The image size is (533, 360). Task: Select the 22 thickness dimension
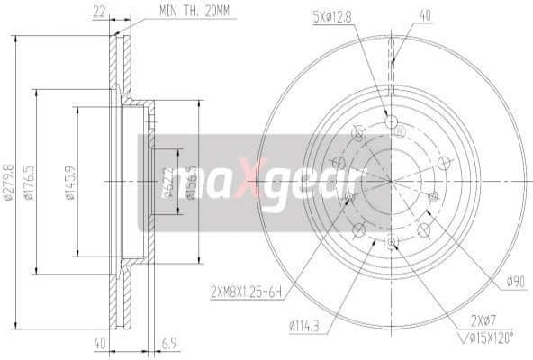(x=100, y=12)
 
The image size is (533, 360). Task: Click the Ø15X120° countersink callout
(x=486, y=338)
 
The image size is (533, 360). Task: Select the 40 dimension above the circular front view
(x=425, y=14)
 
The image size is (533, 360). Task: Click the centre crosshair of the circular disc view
(x=392, y=180)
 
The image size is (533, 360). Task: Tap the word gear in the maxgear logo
(x=315, y=180)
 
